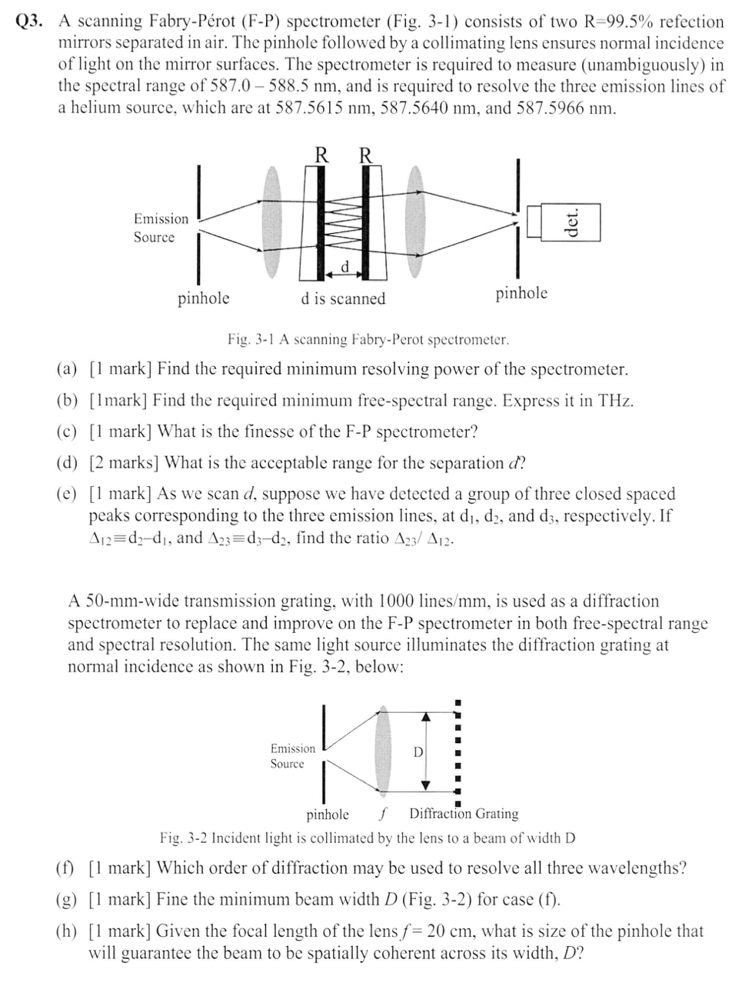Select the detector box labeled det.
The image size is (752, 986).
570,222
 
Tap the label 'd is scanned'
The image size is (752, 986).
343,298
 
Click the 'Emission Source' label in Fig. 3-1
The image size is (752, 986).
160,228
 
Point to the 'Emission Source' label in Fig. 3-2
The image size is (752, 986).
292,756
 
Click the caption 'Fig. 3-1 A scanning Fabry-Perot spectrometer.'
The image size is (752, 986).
368,339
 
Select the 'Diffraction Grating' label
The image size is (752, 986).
464,814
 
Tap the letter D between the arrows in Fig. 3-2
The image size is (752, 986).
418,751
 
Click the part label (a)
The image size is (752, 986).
68,369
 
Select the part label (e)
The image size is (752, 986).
68,494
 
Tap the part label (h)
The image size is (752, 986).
68,931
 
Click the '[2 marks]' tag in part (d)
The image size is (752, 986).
125,463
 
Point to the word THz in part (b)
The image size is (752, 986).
614,400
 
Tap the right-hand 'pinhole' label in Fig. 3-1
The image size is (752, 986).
521,292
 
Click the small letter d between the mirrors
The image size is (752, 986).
345,266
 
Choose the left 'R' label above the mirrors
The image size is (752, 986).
323,155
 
